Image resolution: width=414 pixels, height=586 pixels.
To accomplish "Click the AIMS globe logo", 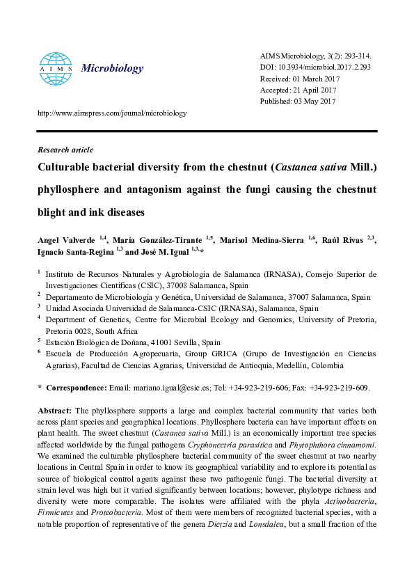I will click(x=55, y=68).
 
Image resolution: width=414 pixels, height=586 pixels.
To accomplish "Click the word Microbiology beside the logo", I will click(x=112, y=68).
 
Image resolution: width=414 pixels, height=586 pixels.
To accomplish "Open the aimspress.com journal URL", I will click(x=112, y=113).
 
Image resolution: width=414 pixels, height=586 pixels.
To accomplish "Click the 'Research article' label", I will click(x=65, y=150).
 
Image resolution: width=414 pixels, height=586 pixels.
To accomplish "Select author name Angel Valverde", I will click(x=67, y=240).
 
